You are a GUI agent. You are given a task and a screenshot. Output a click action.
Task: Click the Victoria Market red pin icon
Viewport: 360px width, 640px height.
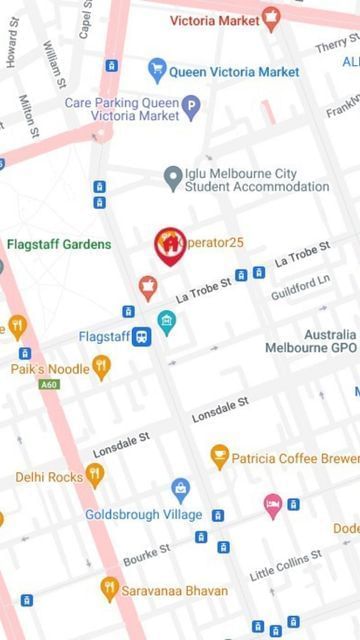coord(270,18)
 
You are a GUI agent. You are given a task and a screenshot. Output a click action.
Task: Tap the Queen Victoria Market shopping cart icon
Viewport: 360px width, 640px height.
coord(156,70)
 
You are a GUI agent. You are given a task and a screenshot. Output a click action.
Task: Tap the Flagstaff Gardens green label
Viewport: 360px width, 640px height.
coord(59,244)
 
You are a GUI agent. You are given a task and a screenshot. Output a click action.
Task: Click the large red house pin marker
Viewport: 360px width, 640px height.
coord(170,244)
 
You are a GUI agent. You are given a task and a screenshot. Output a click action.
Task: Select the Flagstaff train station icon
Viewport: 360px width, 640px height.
coord(143,336)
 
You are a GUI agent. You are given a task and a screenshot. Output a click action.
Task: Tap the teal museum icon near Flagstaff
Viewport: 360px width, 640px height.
coord(167,321)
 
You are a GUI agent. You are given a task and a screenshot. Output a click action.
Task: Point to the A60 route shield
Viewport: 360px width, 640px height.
coord(49,384)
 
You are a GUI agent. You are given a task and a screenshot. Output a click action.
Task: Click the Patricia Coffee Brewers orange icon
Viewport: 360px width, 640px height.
coord(219,457)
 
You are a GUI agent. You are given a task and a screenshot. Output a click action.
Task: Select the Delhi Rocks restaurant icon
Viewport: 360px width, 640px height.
coord(94,476)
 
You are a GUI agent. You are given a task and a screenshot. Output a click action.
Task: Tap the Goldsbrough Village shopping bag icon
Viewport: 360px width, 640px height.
coord(180,489)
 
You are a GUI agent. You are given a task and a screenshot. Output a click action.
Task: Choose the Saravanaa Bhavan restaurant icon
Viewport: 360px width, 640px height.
coord(110,589)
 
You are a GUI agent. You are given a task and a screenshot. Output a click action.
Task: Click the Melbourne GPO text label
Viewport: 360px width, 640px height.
coord(310,347)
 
